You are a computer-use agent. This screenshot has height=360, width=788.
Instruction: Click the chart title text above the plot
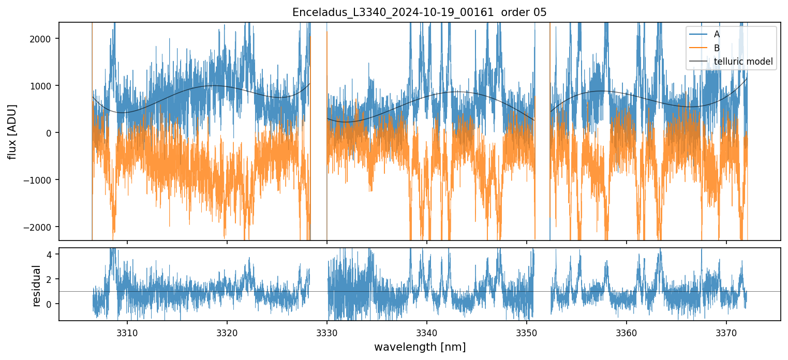point(420,12)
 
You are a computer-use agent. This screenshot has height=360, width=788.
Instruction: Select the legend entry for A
point(717,34)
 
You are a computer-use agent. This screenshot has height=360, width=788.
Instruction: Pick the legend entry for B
point(717,48)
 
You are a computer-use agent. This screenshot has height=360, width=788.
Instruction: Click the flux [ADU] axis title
point(11,131)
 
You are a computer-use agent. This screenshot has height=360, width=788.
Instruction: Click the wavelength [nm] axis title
point(420,347)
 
